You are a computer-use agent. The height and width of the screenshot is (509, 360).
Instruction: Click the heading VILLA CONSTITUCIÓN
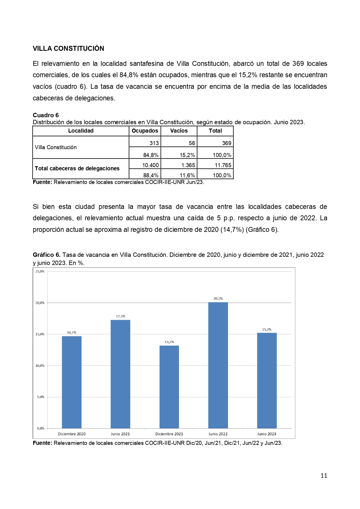[68, 48]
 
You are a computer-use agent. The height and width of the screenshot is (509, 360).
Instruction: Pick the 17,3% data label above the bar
[120, 316]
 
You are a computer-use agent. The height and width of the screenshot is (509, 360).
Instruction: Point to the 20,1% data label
[218, 298]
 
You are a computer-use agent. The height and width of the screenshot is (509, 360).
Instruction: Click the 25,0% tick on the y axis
[40, 271]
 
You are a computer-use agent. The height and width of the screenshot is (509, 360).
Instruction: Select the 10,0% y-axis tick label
[40, 366]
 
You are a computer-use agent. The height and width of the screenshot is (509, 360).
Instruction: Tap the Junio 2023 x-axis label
[267, 434]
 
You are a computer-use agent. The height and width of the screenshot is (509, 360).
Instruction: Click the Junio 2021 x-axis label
[120, 434]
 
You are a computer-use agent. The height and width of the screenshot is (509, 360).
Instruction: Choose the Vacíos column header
[179, 131]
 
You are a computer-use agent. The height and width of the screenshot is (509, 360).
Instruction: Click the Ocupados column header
[145, 131]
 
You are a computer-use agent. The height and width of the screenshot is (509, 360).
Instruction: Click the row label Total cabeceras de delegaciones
[77, 169]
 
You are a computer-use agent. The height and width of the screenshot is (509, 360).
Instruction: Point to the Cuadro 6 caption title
[46, 115]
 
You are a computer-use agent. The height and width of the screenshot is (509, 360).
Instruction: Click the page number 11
[324, 475]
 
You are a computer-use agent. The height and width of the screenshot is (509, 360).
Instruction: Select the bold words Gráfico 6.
[46, 255]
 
